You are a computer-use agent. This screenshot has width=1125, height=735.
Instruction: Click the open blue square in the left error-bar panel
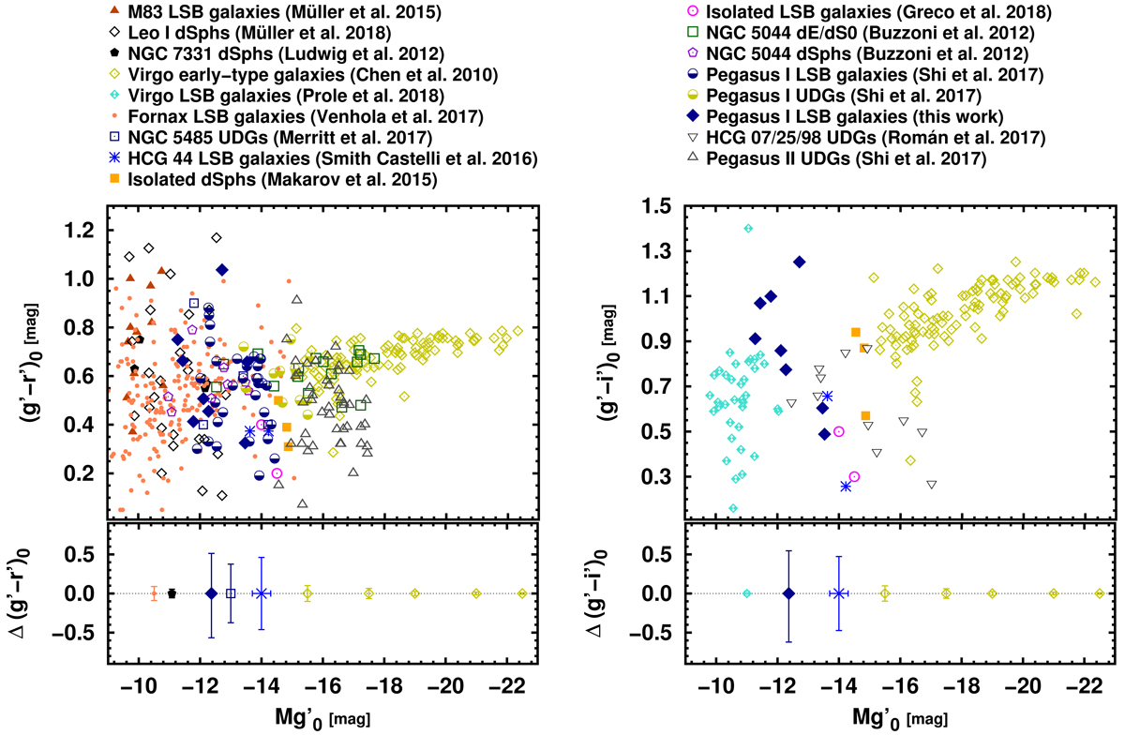231,593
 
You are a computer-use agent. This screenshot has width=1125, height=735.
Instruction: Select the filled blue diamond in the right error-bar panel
788,593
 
